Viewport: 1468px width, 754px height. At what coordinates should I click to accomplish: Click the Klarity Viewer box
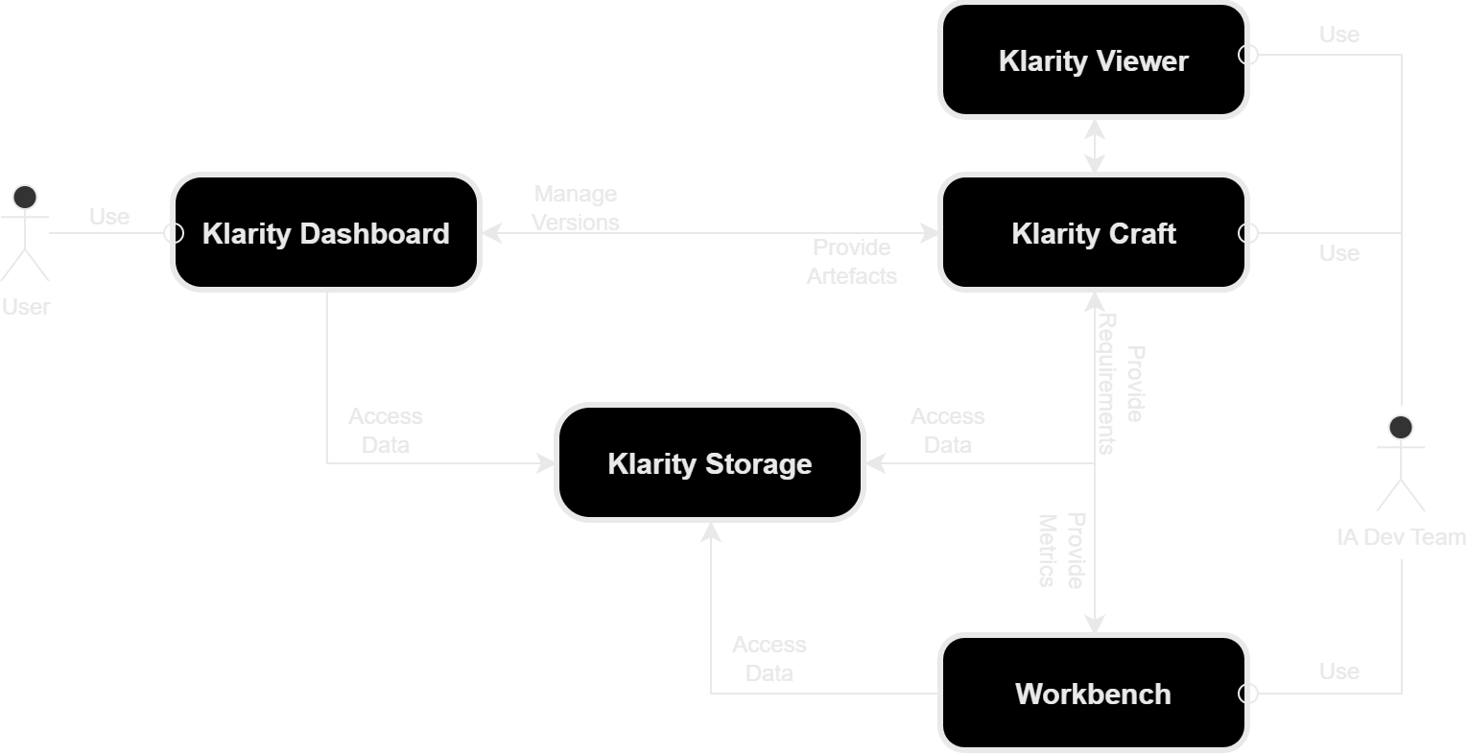(1093, 60)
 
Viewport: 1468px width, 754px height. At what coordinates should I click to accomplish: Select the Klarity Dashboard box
(325, 233)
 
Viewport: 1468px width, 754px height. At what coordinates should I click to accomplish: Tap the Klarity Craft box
(1093, 233)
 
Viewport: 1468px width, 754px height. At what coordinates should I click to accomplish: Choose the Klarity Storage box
(709, 463)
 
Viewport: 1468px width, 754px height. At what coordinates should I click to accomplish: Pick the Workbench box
(1093, 694)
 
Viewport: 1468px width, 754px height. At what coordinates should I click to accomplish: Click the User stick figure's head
(24, 198)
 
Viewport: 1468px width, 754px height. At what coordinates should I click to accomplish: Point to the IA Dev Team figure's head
(1402, 427)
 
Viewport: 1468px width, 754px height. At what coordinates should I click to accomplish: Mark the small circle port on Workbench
(1247, 694)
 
